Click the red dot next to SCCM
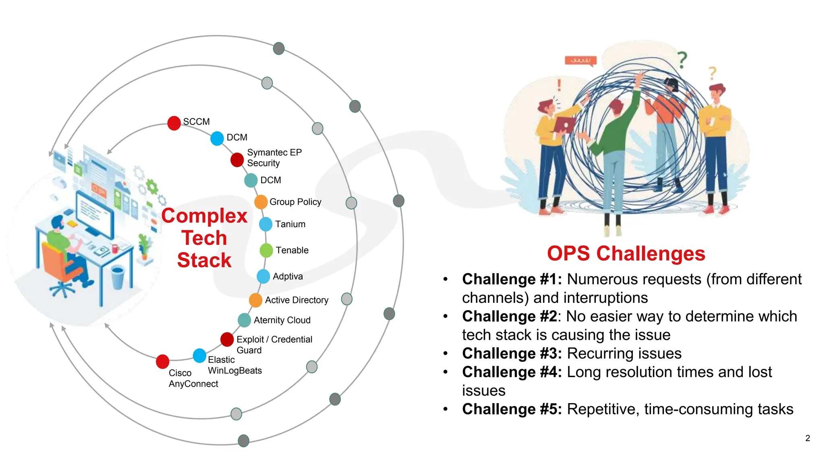pos(174,123)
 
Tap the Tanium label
pos(290,224)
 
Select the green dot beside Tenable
pos(266,251)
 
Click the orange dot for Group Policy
pos(261,202)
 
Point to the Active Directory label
pos(296,300)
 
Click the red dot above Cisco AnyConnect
pos(162,361)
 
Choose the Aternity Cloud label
pos(282,320)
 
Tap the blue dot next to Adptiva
pos(263,276)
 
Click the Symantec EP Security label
pos(274,157)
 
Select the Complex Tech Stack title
pos(204,238)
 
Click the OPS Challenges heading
pos(626,254)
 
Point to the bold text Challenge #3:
pos(512,353)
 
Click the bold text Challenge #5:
pos(512,409)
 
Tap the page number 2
pos(807,438)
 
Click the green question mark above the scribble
pos(682,60)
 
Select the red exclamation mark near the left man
pos(559,85)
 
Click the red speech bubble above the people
pos(580,61)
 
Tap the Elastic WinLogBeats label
pos(234,365)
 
